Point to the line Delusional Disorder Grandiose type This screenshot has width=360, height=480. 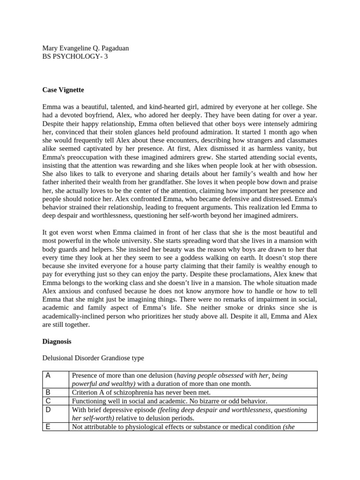click(x=93, y=358)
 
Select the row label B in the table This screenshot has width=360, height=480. click(x=48, y=392)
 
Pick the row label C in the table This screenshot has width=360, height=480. click(x=48, y=401)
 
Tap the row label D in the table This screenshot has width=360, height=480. click(x=48, y=409)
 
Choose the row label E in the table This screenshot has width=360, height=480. click(x=48, y=426)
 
